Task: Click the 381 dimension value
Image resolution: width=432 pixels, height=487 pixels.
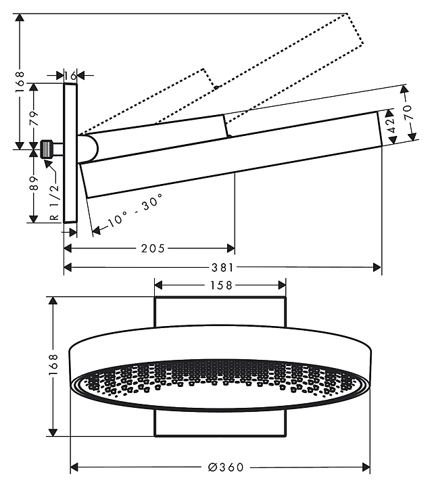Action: click(223, 268)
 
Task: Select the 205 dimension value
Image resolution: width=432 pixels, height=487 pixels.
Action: click(153, 248)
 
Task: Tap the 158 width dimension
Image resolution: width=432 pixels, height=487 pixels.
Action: click(220, 285)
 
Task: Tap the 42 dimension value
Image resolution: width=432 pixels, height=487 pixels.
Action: click(391, 126)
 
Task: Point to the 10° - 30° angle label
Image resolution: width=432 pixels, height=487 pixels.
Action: click(135, 212)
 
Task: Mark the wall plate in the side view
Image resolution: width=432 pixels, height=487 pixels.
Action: click(70, 152)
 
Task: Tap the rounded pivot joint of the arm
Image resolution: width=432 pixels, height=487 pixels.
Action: click(88, 147)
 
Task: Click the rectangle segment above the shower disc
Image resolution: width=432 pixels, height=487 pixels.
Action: click(220, 311)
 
